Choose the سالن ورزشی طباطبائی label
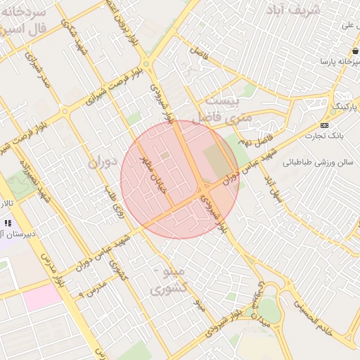[x=316, y=162]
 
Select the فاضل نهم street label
[x=262, y=138]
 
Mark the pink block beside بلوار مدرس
[x=42, y=295]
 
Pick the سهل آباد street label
[x=273, y=186]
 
